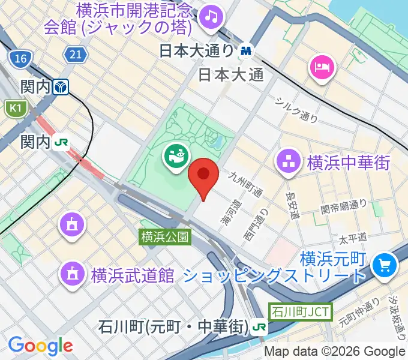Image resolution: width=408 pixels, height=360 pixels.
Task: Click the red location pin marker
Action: [x=203, y=175]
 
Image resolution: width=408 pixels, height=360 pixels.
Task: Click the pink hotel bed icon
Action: [x=322, y=66]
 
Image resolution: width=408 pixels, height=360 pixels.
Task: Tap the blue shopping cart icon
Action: [x=383, y=265]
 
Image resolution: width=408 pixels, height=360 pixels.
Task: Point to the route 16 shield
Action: [x=20, y=58]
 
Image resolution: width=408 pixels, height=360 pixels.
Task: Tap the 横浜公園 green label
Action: [x=166, y=236]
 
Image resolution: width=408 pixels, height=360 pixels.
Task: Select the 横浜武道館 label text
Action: [x=133, y=275]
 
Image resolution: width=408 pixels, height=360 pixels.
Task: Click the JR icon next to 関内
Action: [x=61, y=142]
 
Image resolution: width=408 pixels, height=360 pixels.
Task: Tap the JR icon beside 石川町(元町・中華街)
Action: [x=260, y=327]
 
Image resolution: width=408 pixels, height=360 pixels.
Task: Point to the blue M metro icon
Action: [x=245, y=51]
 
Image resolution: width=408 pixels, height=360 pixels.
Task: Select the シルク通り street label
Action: [x=296, y=109]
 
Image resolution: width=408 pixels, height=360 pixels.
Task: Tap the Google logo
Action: [x=40, y=346]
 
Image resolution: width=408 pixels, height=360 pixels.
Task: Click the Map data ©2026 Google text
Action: [x=335, y=352]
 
